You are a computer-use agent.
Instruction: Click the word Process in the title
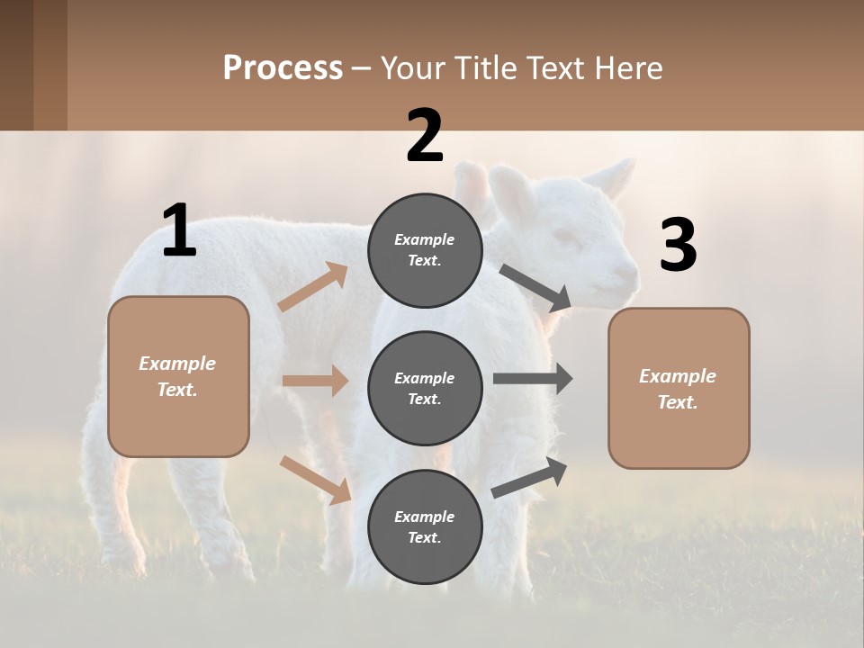pos(283,68)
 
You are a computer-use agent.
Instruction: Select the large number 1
pos(179,231)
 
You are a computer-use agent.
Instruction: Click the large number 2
pos(425,136)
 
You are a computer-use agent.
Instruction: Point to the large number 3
pos(678,246)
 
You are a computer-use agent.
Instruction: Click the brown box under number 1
pos(178,376)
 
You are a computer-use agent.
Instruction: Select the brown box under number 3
pos(679,389)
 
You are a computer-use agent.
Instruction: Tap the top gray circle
pos(425,250)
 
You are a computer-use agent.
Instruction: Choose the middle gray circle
pos(425,389)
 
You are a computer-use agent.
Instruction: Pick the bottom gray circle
pos(425,527)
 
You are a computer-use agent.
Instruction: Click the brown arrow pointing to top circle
pos(313,287)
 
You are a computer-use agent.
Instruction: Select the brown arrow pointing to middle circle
pos(315,381)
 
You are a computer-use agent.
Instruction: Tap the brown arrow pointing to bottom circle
pos(316,479)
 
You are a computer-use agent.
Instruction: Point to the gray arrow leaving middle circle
pos(533,379)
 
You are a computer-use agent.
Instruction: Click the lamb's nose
pos(628,270)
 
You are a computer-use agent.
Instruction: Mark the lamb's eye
pos(565,237)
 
